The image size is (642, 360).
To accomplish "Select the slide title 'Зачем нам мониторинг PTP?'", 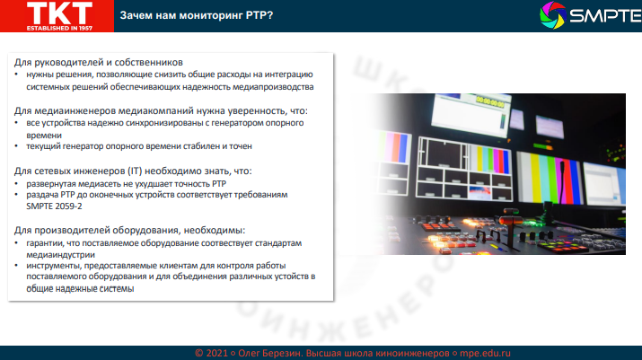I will [x=198, y=15].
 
